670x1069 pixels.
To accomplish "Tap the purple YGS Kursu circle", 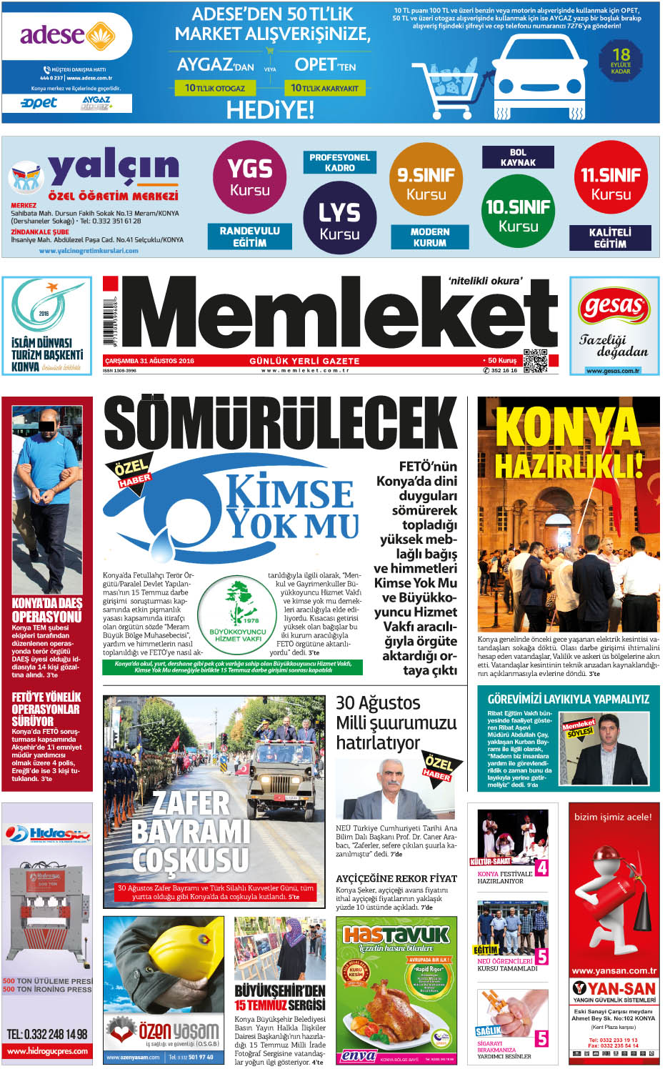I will (x=249, y=177).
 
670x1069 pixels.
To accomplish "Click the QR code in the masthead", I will (x=535, y=362).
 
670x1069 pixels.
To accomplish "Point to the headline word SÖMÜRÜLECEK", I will (x=281, y=424).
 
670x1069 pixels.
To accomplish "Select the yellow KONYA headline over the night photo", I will (x=568, y=427).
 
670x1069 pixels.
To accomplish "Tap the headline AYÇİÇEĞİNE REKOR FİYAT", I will (x=396, y=878).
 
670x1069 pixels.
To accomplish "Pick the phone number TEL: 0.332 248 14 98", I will (x=47, y=1034).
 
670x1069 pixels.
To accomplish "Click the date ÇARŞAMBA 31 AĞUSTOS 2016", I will (x=149, y=361).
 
